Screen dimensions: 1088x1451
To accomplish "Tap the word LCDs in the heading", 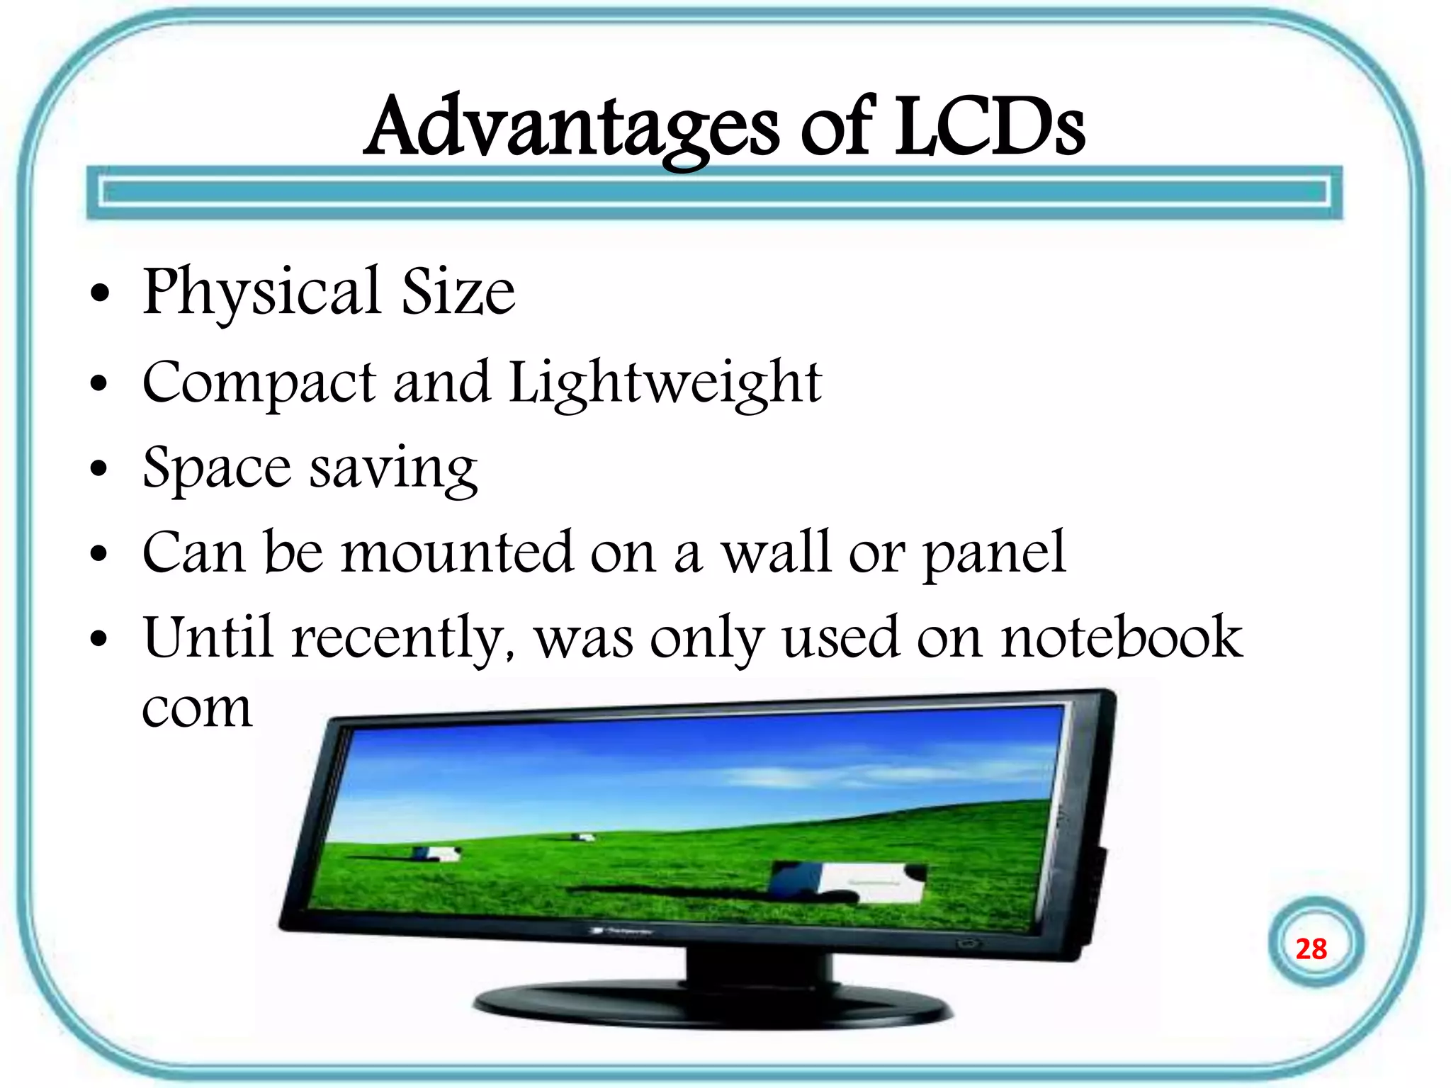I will point(989,127).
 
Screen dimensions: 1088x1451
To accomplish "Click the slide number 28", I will point(1311,949).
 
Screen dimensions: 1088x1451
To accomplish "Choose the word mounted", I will point(456,552).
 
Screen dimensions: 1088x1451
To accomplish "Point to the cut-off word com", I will point(197,708).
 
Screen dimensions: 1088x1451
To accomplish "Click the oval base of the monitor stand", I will point(712,1006).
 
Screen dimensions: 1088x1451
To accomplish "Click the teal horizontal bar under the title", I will point(714,193).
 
